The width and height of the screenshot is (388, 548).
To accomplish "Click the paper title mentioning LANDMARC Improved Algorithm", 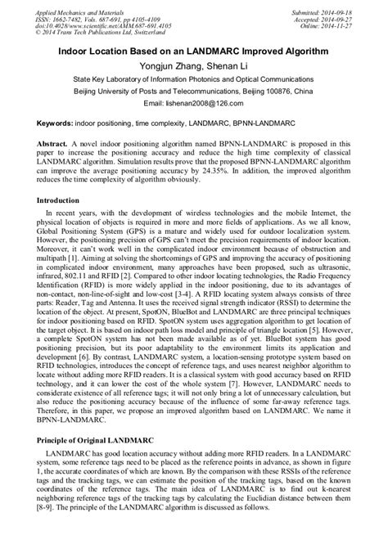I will pyautogui.click(x=193, y=51).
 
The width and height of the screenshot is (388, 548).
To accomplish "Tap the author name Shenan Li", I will pyautogui.click(x=220, y=65).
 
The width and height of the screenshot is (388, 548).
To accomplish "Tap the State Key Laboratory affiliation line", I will pyautogui.click(x=194, y=79).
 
